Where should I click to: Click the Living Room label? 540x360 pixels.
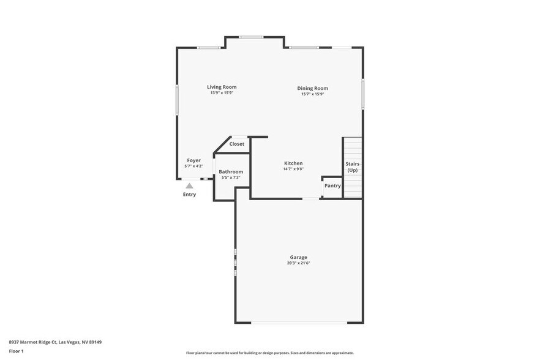(x=222, y=87)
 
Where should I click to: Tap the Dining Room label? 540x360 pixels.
(x=312, y=88)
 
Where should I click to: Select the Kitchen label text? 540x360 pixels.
(x=293, y=163)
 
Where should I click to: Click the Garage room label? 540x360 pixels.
(x=299, y=257)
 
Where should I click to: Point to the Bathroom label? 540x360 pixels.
(x=231, y=171)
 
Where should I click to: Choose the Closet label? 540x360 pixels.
(x=236, y=144)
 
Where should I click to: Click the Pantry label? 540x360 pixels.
(x=332, y=186)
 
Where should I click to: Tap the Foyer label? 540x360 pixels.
(x=193, y=160)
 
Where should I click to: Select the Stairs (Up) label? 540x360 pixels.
(x=352, y=167)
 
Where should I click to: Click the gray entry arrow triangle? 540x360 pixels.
(x=190, y=186)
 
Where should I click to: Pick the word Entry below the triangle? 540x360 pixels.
(x=190, y=195)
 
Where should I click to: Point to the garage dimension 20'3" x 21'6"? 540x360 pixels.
(x=299, y=263)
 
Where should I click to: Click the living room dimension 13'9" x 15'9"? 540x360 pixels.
(x=222, y=93)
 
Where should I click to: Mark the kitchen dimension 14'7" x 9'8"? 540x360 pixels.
(x=293, y=169)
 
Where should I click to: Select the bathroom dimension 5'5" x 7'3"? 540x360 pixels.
(x=231, y=178)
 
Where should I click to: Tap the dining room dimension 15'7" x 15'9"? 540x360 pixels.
(x=312, y=94)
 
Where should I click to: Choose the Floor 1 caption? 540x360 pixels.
(x=17, y=351)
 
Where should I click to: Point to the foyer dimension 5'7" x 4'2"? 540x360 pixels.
(x=193, y=166)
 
